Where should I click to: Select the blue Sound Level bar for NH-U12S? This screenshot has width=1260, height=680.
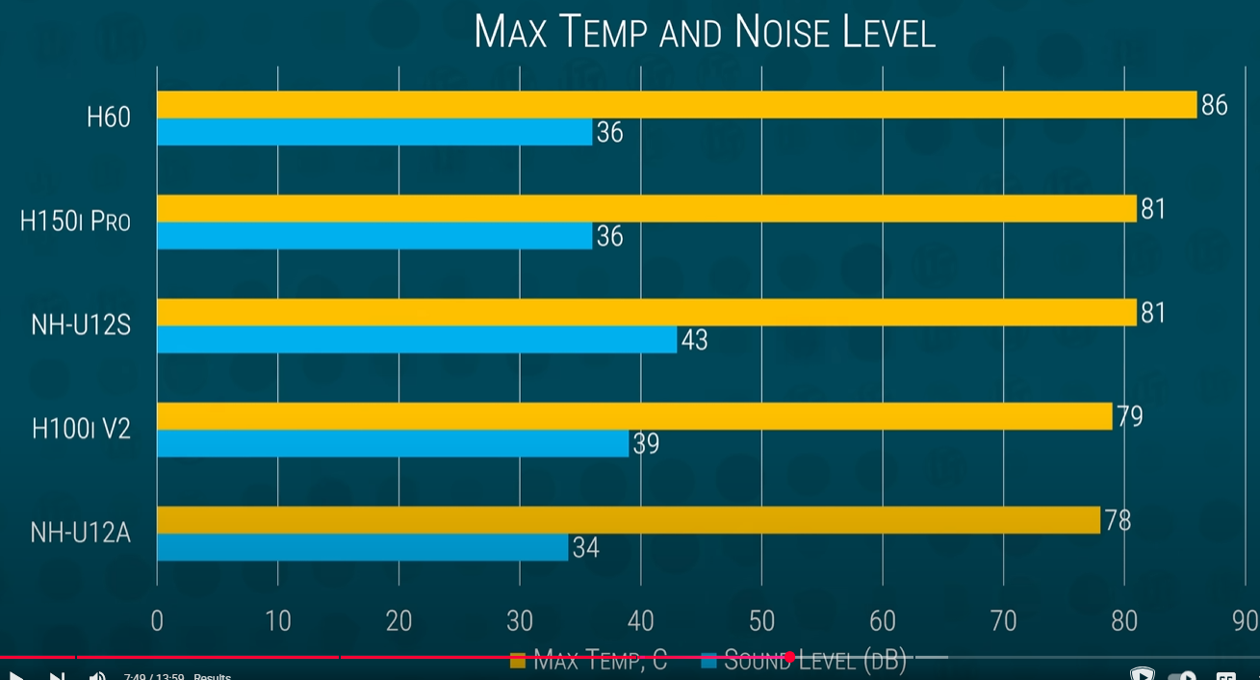coord(416,340)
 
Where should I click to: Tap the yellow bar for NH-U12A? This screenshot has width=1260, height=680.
coord(628,520)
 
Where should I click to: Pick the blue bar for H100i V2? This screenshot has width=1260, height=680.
coord(392,444)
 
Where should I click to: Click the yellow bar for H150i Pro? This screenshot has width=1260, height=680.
coord(646,209)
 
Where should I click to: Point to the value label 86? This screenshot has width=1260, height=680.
coord(1214,105)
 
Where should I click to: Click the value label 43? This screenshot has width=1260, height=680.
coord(694,340)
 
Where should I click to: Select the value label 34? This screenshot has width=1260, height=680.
coord(585,548)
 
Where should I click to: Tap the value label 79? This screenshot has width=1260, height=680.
coord(1129,417)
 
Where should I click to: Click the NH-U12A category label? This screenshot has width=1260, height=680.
coord(80,533)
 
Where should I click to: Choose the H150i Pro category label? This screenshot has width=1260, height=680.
coord(75,222)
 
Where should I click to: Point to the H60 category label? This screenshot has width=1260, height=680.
coord(108,118)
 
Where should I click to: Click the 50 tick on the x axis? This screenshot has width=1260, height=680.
coord(761,621)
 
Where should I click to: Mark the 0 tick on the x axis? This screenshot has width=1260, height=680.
coord(157,621)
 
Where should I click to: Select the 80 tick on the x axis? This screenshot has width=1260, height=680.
coord(1123,621)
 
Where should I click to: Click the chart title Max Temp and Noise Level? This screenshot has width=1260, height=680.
coord(705,32)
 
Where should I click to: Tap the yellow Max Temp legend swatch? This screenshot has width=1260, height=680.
coord(518,661)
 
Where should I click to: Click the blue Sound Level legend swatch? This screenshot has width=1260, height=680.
coord(709,661)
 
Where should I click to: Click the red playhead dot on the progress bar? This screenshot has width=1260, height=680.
coord(789,657)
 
